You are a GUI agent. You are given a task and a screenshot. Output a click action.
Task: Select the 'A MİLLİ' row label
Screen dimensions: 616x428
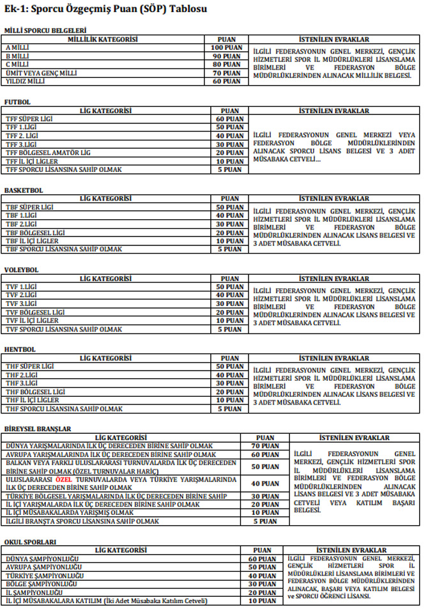[x=19, y=48]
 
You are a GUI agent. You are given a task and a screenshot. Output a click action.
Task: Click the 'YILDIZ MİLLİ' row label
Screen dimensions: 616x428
[x=26, y=82]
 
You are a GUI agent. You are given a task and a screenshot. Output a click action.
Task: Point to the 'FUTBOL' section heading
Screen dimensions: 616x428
[x=17, y=102]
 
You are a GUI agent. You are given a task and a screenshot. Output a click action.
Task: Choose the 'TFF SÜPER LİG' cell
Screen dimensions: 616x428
[x=29, y=119]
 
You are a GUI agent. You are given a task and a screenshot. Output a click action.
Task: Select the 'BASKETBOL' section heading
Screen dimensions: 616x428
[x=24, y=190]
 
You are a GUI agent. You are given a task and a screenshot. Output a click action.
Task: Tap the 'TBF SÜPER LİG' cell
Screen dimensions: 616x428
[x=29, y=208]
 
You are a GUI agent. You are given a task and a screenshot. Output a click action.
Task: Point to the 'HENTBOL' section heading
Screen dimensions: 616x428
[x=20, y=350]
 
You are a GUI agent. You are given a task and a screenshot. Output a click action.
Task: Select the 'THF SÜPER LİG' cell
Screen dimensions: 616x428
[x=29, y=367]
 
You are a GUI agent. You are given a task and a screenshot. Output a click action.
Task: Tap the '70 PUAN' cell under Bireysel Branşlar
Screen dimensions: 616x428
[x=264, y=446]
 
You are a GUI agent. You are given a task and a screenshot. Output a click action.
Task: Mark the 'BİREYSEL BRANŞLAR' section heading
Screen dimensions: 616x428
[x=38, y=429]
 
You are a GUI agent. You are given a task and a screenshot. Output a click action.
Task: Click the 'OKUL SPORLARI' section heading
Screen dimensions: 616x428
[x=29, y=542]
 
